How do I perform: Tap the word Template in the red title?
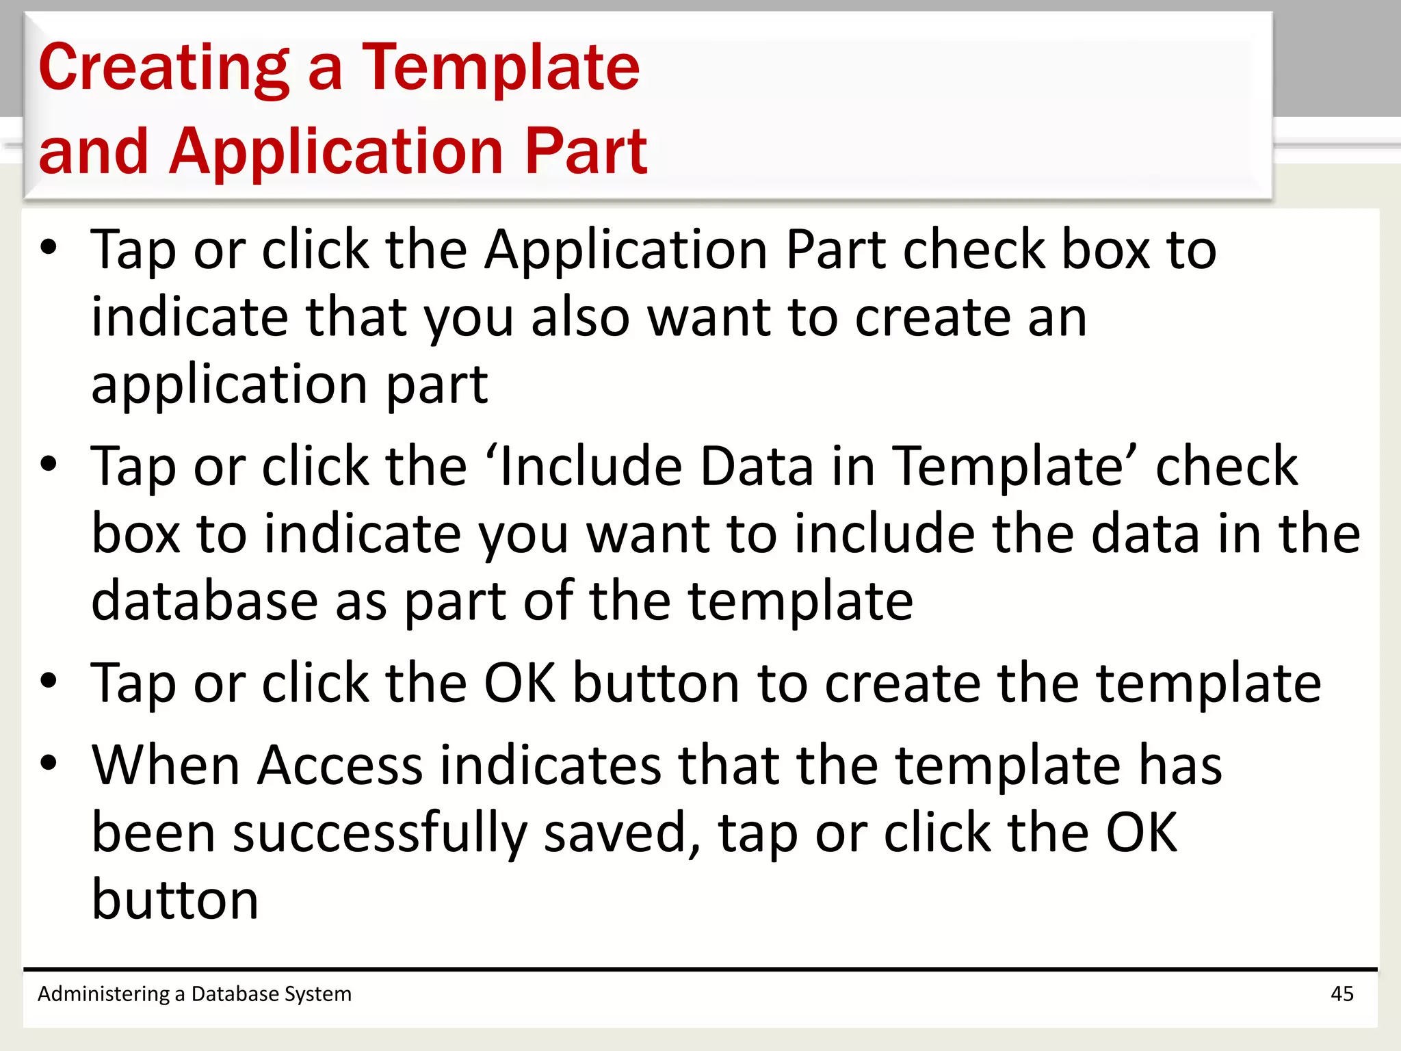click(500, 68)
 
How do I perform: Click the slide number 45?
click(1341, 994)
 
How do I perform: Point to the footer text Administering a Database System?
click(194, 994)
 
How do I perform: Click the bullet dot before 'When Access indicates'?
click(49, 762)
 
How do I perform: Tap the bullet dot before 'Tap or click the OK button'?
click(49, 681)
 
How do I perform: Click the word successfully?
click(380, 833)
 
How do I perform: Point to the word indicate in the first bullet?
click(189, 318)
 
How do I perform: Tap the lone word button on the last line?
click(175, 900)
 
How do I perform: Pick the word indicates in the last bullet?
click(550, 765)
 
